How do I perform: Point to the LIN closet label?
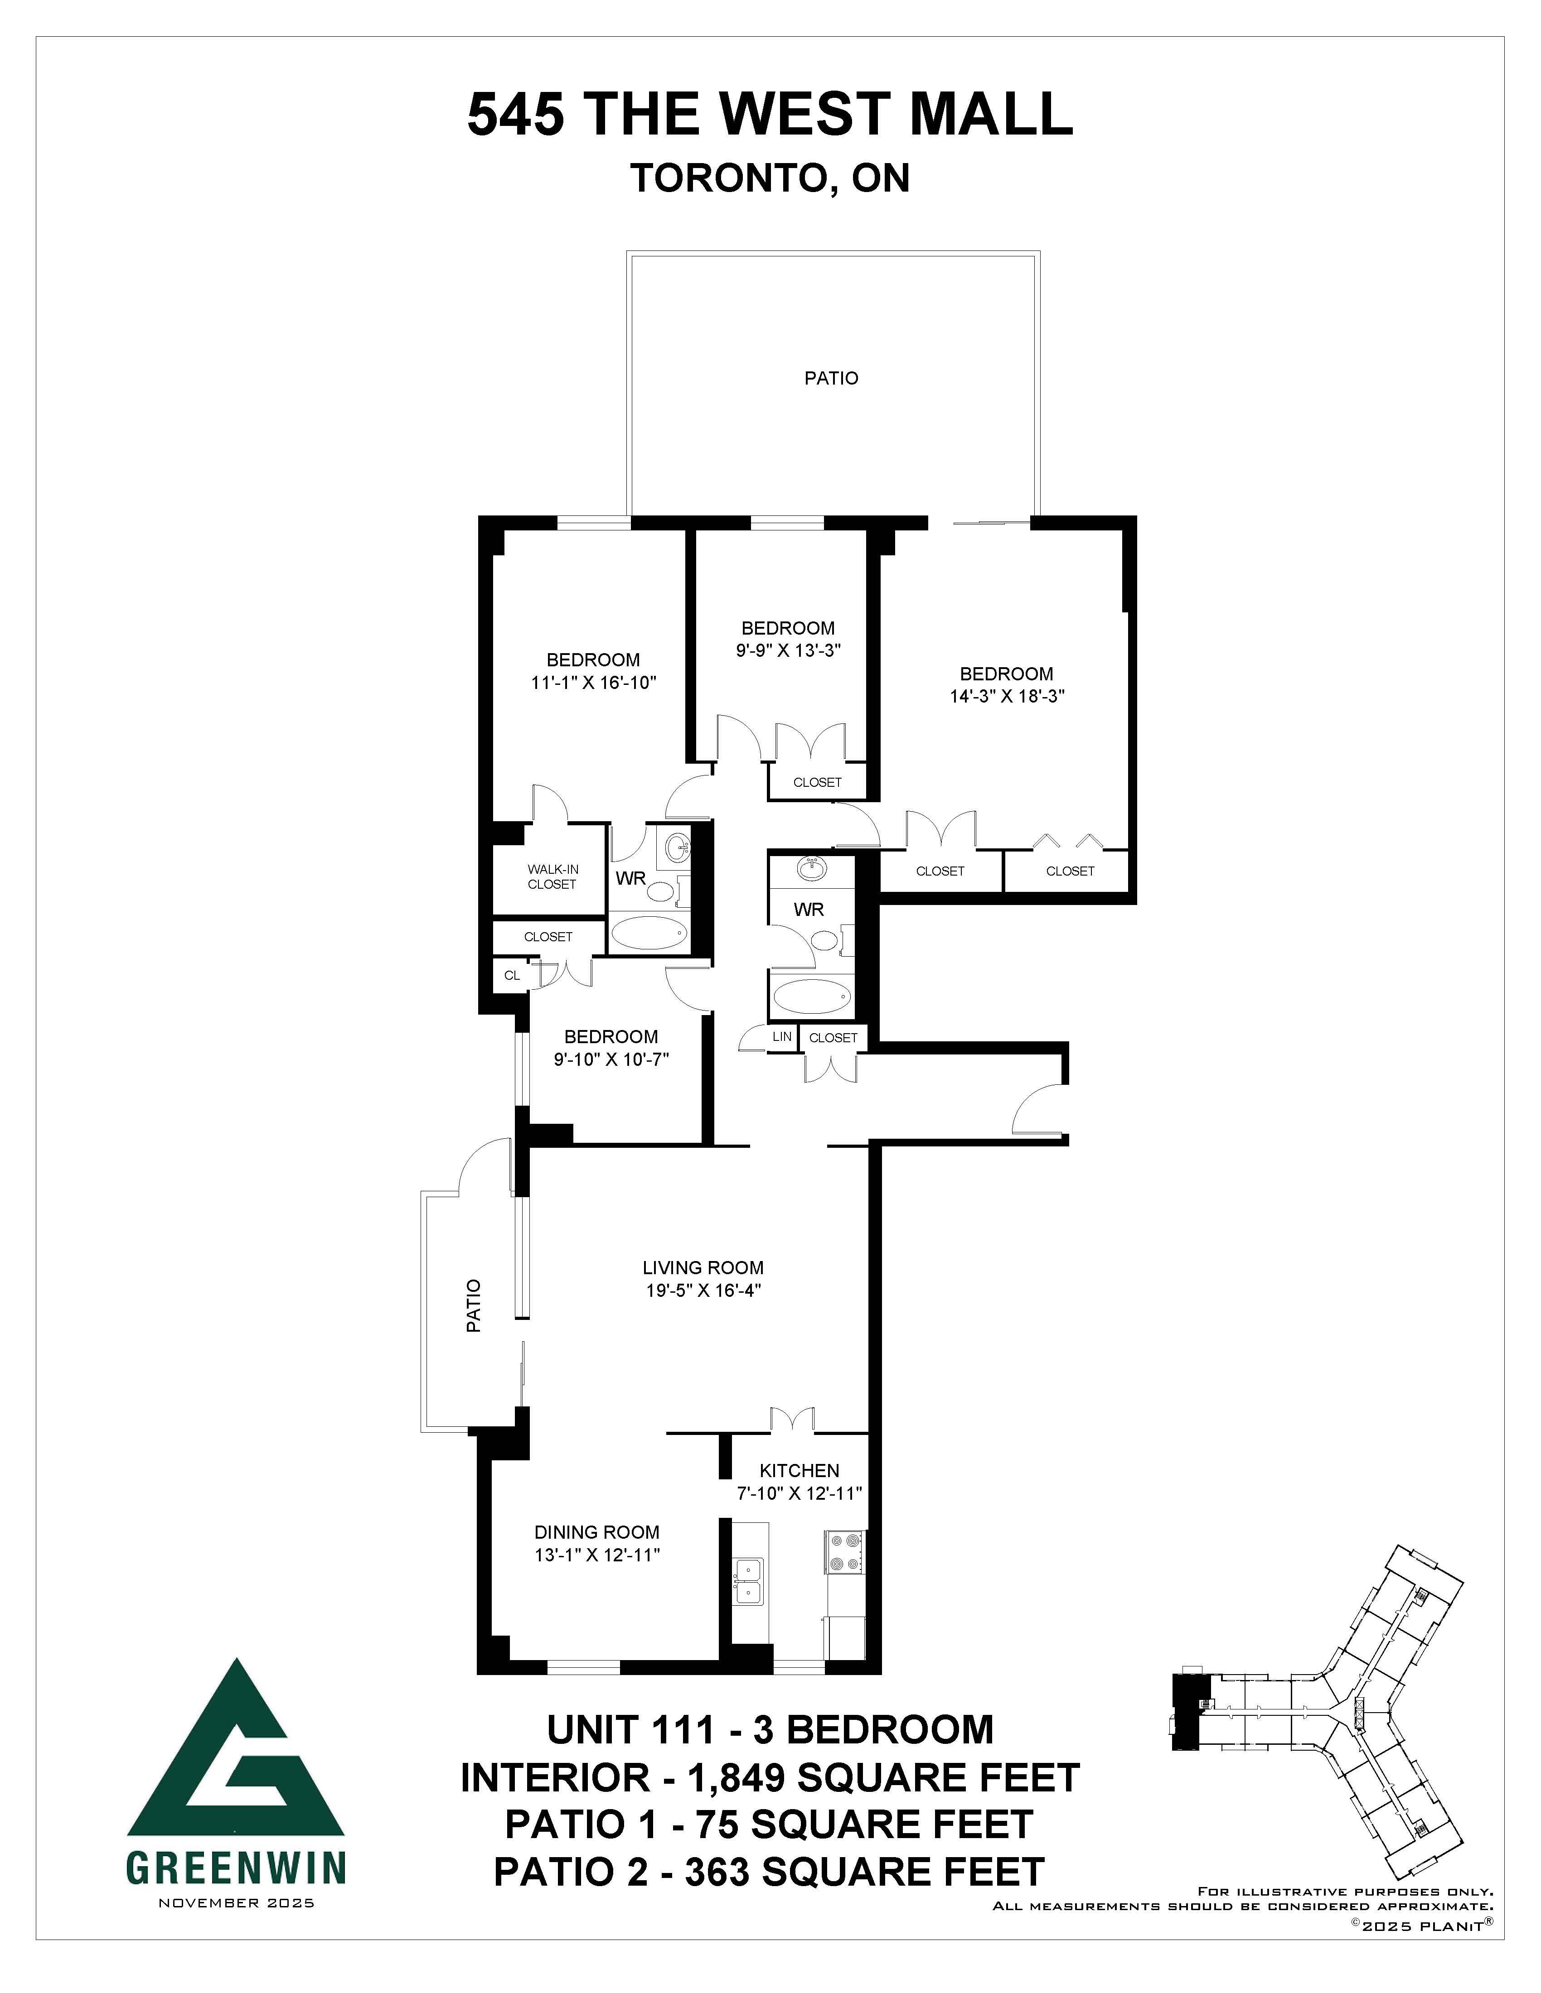pos(781,1037)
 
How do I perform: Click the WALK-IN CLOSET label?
pos(552,876)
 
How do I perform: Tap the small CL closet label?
pos(512,975)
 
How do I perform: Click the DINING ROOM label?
pos(597,1532)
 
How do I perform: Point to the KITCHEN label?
pos(800,1470)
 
